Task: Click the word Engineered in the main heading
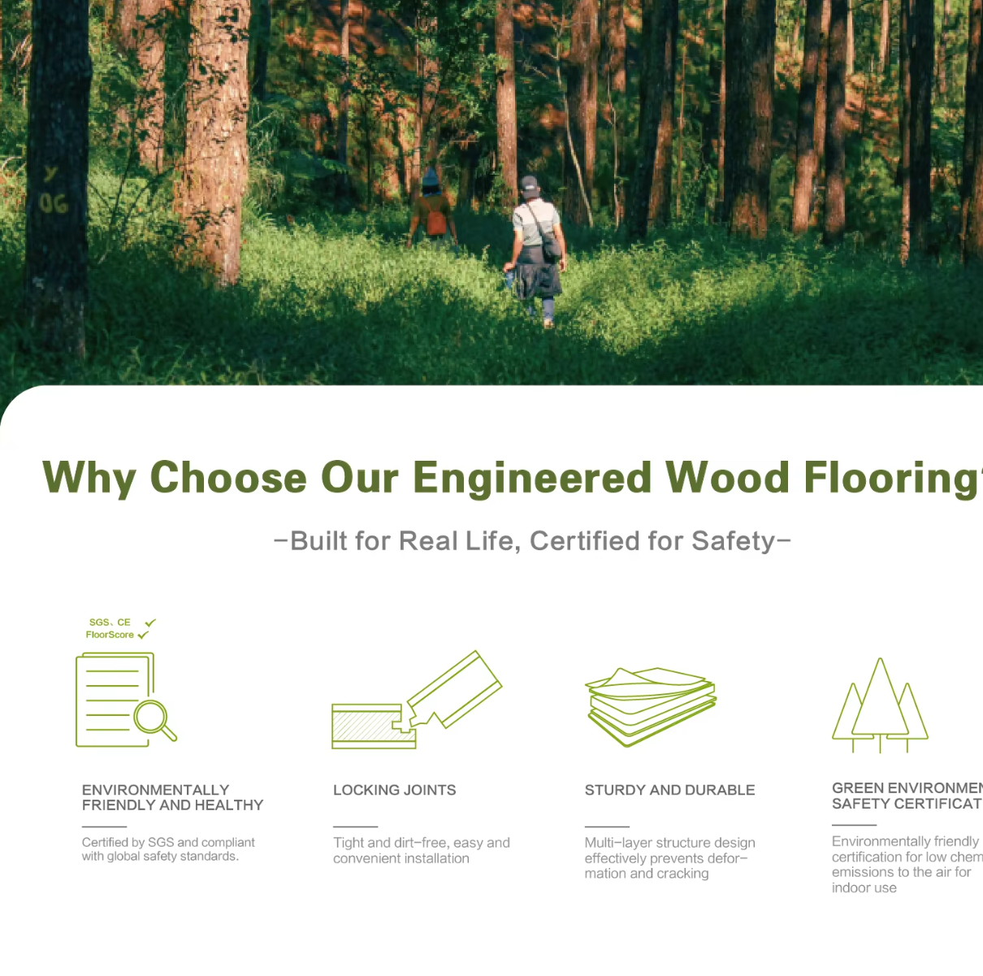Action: click(x=532, y=478)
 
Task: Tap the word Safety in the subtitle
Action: click(x=733, y=541)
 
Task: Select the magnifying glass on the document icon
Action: click(x=154, y=719)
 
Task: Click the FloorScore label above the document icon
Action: click(x=110, y=635)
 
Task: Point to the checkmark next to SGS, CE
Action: click(x=149, y=623)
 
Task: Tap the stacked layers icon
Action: click(x=651, y=705)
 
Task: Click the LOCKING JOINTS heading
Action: click(x=394, y=790)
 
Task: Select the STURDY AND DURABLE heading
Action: click(x=669, y=790)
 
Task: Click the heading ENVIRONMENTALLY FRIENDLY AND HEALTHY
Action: click(x=172, y=797)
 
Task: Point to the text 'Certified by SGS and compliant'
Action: click(x=168, y=843)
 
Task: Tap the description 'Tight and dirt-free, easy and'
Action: click(x=421, y=843)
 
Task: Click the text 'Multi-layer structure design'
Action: click(x=669, y=843)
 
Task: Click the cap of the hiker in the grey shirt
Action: click(x=530, y=184)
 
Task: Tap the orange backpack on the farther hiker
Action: click(x=436, y=220)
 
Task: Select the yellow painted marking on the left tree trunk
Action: click(x=53, y=192)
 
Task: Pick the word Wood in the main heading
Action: click(x=727, y=478)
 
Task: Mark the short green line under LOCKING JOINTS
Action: click(x=355, y=826)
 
